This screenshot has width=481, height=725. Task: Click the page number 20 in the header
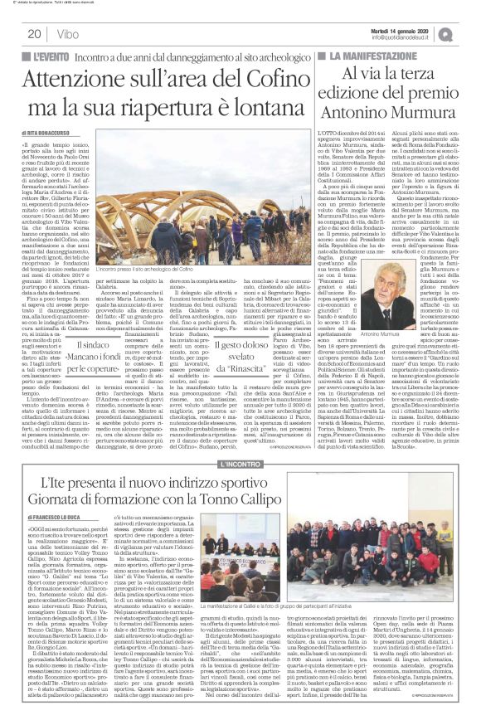pos(33,34)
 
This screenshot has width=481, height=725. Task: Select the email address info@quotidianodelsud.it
pos(410,37)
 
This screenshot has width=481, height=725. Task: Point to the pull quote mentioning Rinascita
pos(231,327)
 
